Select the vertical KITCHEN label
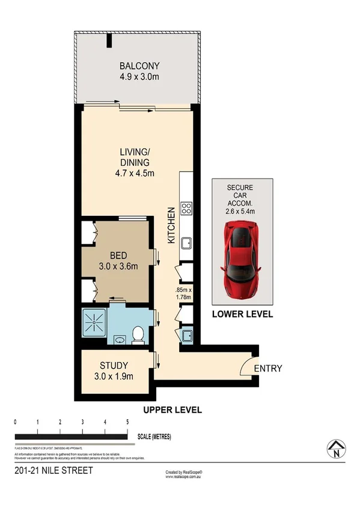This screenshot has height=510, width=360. point(171,226)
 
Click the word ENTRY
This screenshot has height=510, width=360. point(267,369)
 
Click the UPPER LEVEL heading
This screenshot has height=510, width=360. point(172,410)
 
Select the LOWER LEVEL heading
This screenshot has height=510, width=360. point(242,315)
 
